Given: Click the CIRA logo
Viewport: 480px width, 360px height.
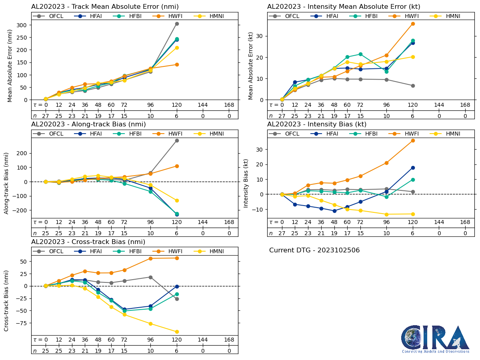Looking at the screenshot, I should click(435, 339).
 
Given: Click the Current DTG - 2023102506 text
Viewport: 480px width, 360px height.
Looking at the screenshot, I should click(314, 250).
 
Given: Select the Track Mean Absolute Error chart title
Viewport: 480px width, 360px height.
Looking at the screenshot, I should click(105, 6).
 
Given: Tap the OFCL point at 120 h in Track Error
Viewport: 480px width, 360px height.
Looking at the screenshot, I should click(177, 24).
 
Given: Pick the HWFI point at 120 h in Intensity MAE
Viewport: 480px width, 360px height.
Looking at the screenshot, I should click(413, 24).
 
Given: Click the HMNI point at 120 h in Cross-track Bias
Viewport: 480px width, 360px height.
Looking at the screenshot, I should click(177, 332).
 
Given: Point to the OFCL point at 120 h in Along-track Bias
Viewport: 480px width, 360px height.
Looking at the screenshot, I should click(177, 140).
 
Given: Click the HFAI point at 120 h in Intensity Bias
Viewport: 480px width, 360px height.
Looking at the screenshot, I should click(413, 168).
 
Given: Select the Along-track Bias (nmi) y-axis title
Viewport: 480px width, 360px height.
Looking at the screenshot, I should click(7, 183).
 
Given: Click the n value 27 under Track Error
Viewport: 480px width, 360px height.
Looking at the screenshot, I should click(46, 116).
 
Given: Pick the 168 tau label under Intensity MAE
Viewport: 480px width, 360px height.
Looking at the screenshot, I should click(465, 105).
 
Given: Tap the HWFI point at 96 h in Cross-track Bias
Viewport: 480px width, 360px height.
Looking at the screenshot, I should click(150, 258).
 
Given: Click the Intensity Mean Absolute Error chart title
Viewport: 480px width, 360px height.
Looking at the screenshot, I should click(344, 6).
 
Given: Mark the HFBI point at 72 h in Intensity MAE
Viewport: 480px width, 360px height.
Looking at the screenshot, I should click(360, 54).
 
